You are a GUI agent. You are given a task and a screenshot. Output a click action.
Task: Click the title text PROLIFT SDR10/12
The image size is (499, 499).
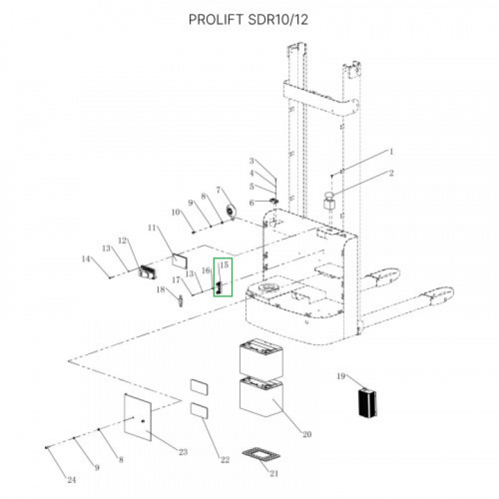pos(249,19)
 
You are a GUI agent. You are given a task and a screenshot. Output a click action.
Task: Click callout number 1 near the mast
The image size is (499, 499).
pos(392,152)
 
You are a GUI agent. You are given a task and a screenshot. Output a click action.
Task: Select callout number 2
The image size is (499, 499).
pos(391,173)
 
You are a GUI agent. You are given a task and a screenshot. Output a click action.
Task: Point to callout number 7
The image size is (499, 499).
pos(218,190)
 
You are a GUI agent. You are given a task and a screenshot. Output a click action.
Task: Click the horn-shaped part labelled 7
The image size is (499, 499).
pos(230,211)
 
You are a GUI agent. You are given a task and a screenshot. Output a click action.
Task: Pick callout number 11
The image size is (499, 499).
pos(152,227)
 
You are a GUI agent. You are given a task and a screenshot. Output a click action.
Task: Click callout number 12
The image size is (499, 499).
pos(122,240)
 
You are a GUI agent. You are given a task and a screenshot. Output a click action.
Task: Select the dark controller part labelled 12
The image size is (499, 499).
pos(147,272)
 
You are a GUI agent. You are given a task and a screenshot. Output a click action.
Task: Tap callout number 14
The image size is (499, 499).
pos(86,259)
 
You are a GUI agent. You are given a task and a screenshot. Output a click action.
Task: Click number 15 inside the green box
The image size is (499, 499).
pos(224,265)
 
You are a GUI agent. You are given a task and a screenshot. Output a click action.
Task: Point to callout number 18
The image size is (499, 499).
pos(161,290)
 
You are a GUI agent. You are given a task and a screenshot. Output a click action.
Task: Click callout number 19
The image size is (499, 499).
pos(341,376)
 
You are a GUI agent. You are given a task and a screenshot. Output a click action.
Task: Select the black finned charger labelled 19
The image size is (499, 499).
pos(367,402)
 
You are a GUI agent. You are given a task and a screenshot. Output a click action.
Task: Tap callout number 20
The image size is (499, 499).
pos(307,434)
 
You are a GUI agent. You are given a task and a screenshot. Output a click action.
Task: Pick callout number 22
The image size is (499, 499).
pos(225,459)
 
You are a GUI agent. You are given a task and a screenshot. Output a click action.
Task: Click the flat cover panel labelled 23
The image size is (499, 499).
pos(137,417)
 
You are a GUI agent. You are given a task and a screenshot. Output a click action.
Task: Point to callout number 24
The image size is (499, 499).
pos(71,480)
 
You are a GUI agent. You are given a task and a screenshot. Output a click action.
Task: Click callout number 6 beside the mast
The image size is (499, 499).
pos(252,202)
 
